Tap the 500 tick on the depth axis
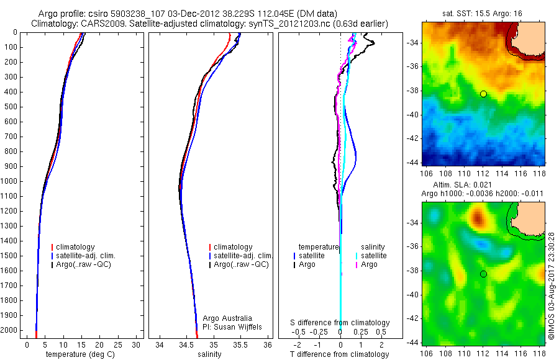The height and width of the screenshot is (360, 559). [11, 107]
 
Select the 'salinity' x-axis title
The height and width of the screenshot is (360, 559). [209, 354]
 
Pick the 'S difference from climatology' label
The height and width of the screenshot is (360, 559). [340, 323]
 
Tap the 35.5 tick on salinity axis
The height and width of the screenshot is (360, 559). [240, 344]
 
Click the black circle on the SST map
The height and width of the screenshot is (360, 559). [483, 94]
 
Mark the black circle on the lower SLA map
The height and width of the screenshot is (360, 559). [483, 274]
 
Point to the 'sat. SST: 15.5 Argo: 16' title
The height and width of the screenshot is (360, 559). [483, 12]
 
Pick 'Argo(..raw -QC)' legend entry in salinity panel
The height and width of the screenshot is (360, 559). [241, 264]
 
